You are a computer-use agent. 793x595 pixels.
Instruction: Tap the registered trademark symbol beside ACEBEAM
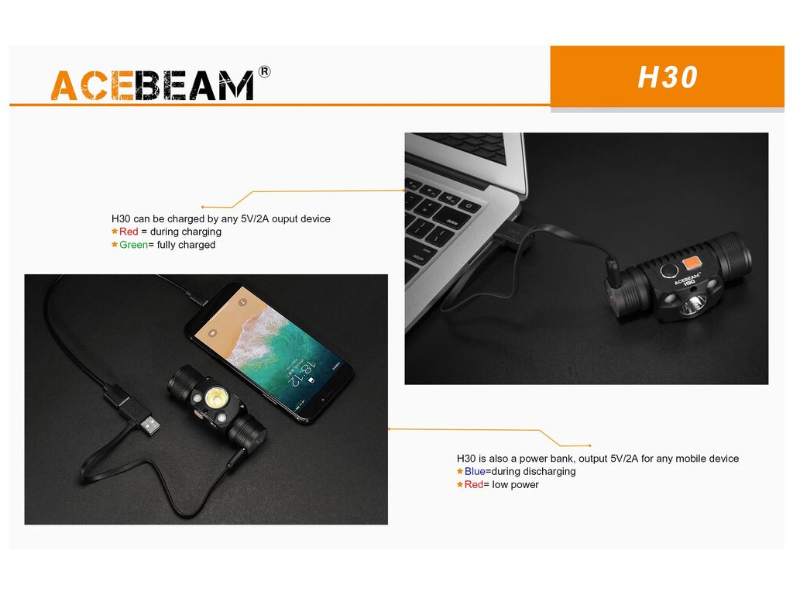point(264,72)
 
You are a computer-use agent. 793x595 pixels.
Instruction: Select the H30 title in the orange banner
point(668,77)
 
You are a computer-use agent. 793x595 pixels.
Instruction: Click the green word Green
point(133,245)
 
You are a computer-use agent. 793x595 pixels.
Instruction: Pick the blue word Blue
point(475,472)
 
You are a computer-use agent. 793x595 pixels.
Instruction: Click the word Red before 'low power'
point(474,485)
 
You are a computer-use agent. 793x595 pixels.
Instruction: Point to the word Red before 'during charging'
point(129,232)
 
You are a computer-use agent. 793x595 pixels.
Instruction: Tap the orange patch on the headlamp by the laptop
point(692,263)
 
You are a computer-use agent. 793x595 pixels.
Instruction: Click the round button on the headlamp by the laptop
point(669,270)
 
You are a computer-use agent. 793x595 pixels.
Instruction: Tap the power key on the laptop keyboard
point(469,205)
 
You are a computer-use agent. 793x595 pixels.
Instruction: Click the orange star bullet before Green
point(115,245)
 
